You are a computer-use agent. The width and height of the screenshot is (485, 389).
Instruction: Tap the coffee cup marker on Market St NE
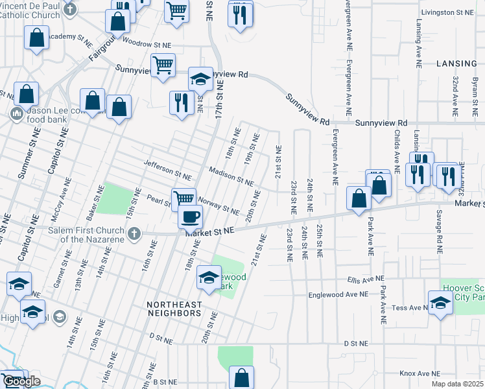pos(190,216)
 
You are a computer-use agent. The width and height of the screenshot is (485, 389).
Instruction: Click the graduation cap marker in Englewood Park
pos(208,277)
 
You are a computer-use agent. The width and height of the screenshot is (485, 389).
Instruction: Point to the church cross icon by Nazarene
pos(134,233)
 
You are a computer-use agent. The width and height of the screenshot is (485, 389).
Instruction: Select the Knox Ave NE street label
pos(420,373)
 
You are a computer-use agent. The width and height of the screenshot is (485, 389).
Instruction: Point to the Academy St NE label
pos(71,36)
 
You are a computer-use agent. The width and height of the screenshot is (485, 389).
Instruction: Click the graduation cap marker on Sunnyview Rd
pos(200,79)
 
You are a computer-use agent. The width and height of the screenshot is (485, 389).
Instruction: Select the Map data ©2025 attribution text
pos(458,384)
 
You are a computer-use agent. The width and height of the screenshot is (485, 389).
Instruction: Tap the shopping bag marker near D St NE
pos(241,377)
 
